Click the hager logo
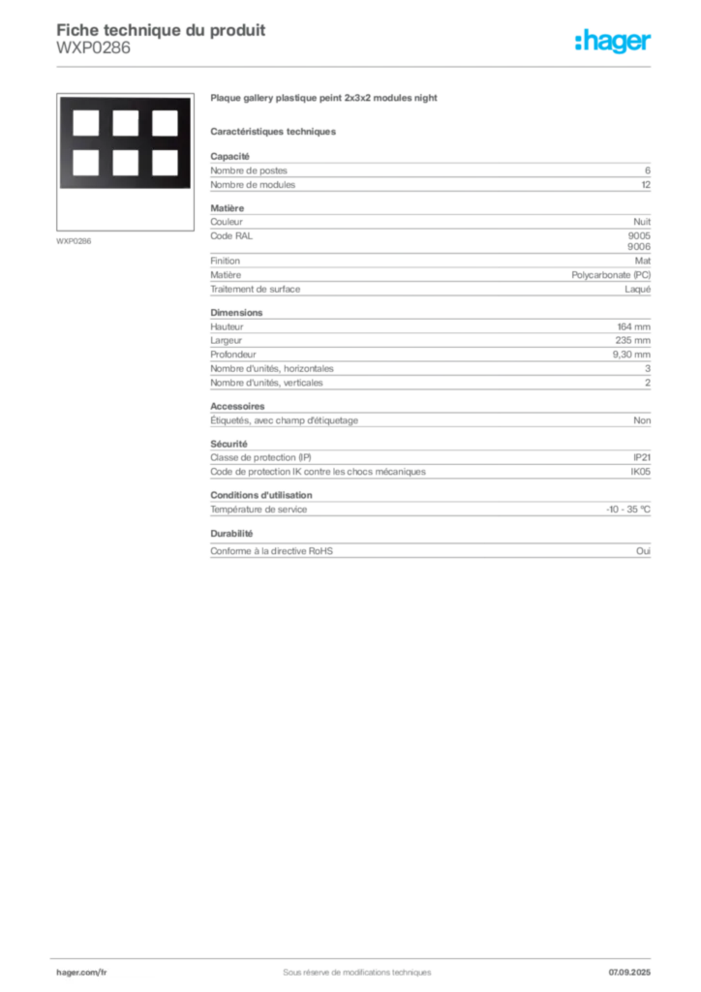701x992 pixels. point(613,41)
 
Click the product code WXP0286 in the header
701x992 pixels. point(94,48)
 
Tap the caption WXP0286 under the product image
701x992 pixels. point(74,241)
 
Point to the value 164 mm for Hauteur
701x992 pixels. point(634,326)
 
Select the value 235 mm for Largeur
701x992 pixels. point(633,340)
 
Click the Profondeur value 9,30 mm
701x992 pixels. point(631,355)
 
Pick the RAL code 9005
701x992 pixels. point(639,235)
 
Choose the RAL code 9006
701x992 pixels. point(639,247)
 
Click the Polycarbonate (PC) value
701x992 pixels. point(611,275)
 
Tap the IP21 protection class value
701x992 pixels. point(642,457)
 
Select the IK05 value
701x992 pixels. point(640,472)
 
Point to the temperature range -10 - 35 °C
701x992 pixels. point(628,510)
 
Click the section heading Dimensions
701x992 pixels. point(236,313)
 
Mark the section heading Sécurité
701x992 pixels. point(229,444)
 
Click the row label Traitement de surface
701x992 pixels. point(256,289)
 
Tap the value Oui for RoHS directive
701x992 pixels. point(644,551)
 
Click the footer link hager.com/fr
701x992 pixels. point(81,973)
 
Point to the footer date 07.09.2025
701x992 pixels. point(629,973)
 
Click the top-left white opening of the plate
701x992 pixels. point(86,123)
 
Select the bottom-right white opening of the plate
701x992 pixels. point(165,163)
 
